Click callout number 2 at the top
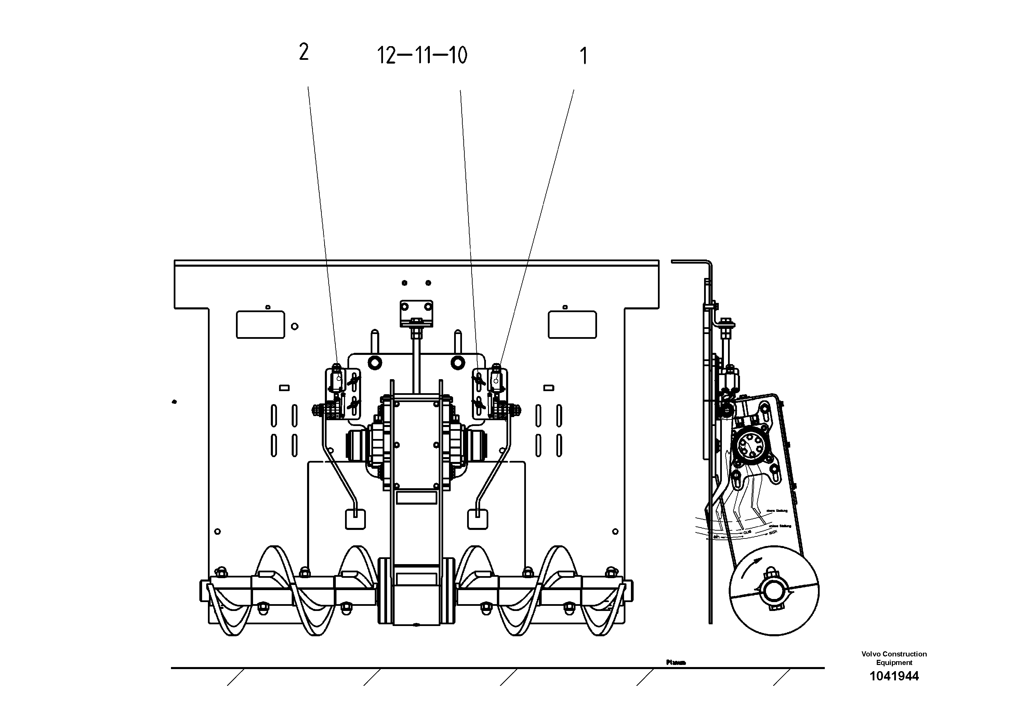coord(304,52)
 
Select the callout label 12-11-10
coord(422,56)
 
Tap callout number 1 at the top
coord(583,56)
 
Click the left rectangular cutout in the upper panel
coord(260,324)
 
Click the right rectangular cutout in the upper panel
coord(572,324)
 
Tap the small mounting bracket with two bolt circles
coord(416,308)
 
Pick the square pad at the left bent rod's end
coord(355,519)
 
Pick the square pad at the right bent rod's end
coord(477,519)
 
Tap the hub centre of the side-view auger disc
coord(774,592)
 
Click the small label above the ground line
coord(676,662)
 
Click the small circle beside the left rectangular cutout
coord(294,327)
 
